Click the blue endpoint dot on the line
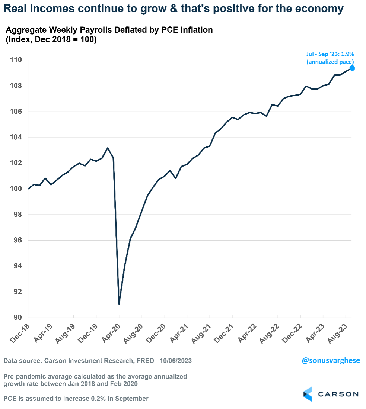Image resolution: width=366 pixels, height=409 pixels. pyautogui.click(x=352, y=68)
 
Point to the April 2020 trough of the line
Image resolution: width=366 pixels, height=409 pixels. pyautogui.click(x=119, y=304)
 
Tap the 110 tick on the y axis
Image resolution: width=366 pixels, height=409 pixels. pyautogui.click(x=16, y=60)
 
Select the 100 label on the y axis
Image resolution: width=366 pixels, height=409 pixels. pyautogui.click(x=16, y=189)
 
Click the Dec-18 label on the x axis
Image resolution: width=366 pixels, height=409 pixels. pyautogui.click(x=23, y=331)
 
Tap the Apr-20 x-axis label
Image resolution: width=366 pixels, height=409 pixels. pyautogui.click(x=113, y=331)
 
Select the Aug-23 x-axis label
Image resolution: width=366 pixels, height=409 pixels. pyautogui.click(x=340, y=331)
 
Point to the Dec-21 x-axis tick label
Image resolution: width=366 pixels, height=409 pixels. pyautogui.click(x=227, y=331)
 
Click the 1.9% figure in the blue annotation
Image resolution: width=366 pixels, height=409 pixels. pyautogui.click(x=347, y=54)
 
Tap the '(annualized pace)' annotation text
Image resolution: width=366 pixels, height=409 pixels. pyautogui.click(x=330, y=62)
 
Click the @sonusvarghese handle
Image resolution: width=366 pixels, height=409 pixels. pyautogui.click(x=331, y=361)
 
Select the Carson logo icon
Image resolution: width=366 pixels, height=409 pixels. pyautogui.click(x=307, y=394)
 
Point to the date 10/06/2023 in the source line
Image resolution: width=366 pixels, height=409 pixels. pyautogui.click(x=176, y=361)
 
